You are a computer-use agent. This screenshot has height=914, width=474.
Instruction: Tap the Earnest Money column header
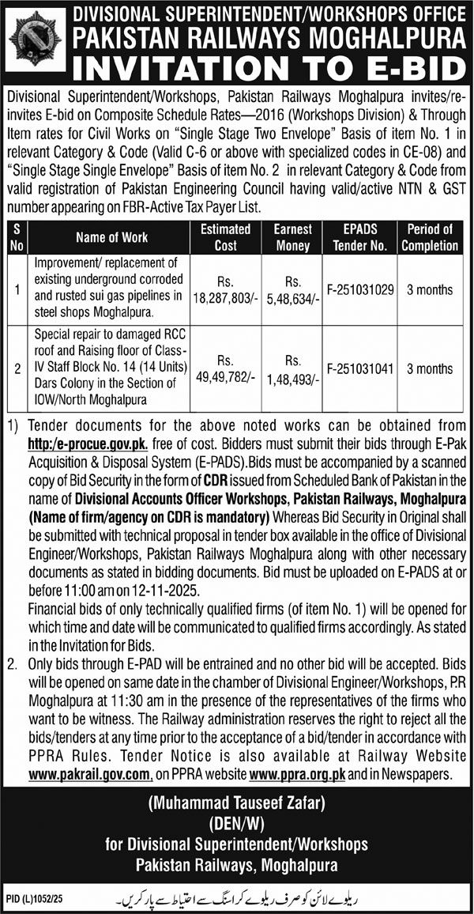[x=293, y=236]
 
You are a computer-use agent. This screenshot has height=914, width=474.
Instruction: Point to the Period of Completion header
[x=430, y=236]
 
